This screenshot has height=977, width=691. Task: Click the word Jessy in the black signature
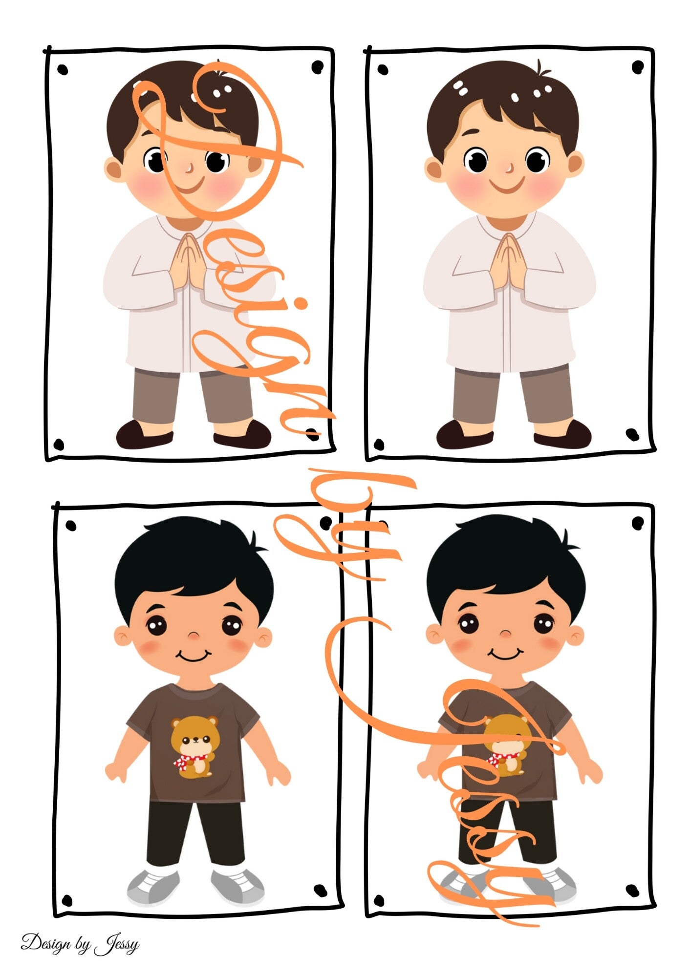[x=117, y=944]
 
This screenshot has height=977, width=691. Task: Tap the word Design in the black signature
[x=45, y=942]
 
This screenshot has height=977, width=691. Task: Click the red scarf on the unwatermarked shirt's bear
[x=188, y=762]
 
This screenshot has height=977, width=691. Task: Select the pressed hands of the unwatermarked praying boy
[x=508, y=261]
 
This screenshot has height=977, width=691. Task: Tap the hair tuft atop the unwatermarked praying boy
[x=542, y=68]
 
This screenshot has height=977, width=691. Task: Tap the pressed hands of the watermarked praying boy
[x=188, y=261]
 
